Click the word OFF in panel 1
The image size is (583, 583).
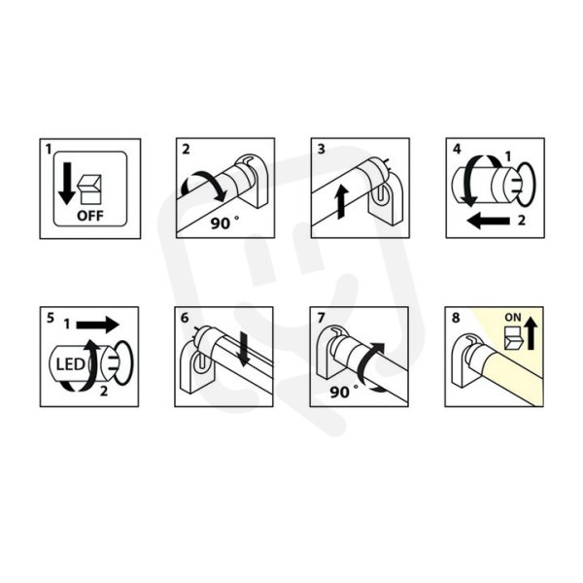(x=90, y=216)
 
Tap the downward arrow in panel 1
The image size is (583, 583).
(x=67, y=184)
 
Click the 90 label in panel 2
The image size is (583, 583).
(x=221, y=223)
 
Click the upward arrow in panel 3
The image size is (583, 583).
(x=342, y=202)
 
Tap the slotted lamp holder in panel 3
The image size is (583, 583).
(x=385, y=198)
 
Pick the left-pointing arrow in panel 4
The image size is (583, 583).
(x=488, y=221)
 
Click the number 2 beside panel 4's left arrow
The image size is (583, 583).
(x=522, y=221)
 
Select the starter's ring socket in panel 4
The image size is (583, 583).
(x=526, y=184)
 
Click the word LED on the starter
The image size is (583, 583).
(x=70, y=364)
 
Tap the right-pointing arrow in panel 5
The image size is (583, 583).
(x=97, y=325)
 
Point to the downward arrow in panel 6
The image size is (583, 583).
(x=244, y=349)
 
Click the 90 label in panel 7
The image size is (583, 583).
(x=339, y=393)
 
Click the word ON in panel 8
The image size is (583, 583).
(x=513, y=318)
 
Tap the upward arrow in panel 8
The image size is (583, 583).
(x=531, y=335)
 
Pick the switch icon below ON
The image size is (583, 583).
(x=513, y=338)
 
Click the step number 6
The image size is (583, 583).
(x=185, y=319)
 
